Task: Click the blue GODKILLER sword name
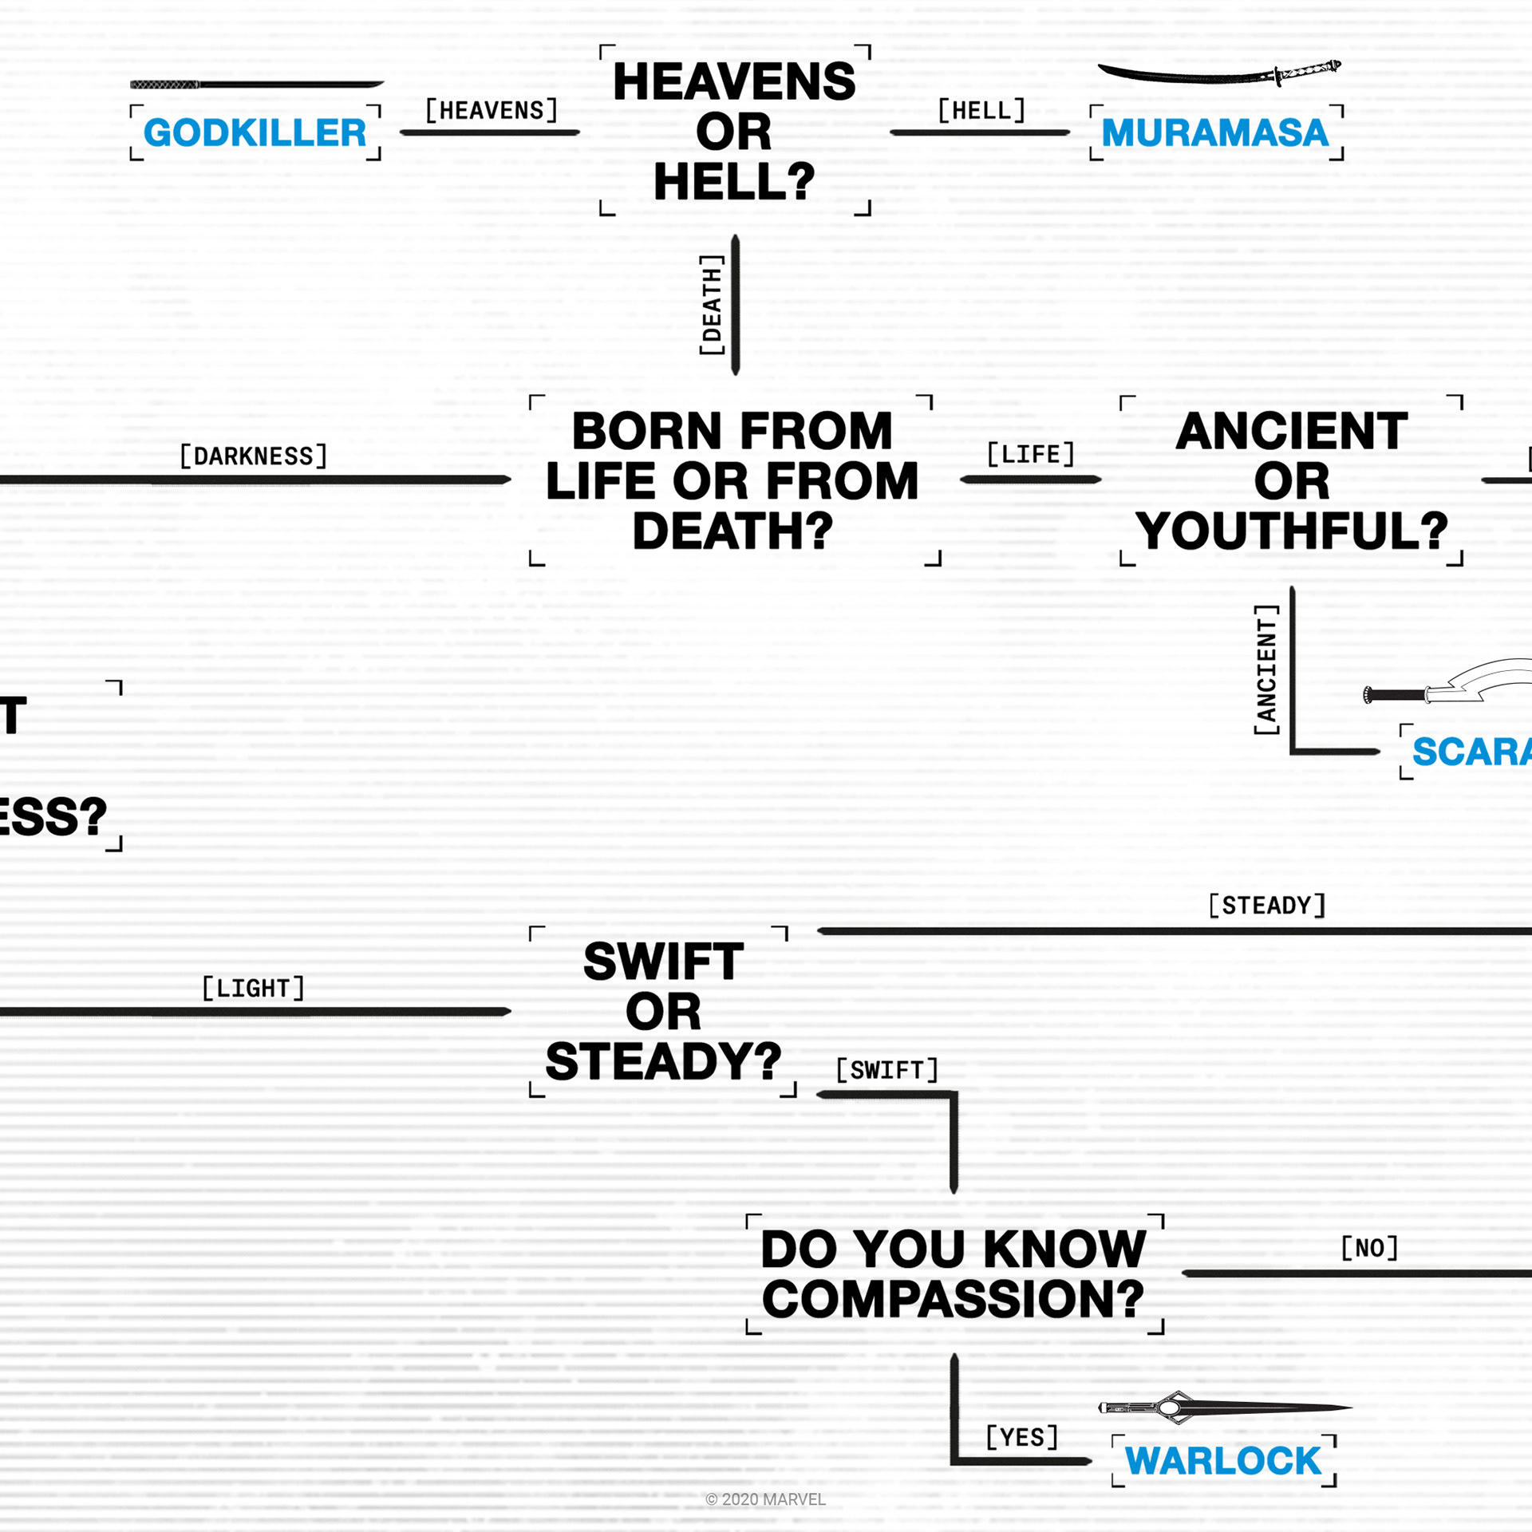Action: coord(255,132)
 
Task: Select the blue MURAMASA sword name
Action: coord(1214,132)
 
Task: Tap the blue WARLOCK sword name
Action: coord(1222,1461)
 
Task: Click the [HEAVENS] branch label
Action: coord(491,110)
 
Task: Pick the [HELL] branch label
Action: coord(981,110)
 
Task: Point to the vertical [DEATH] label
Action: coord(711,305)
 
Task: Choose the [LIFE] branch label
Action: coord(1030,454)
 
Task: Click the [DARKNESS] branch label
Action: coord(254,456)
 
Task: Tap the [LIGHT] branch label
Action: coord(254,988)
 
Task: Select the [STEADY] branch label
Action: coord(1266,905)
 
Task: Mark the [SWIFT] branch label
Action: coord(886,1069)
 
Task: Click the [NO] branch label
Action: coord(1369,1247)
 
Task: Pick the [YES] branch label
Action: coord(1021,1436)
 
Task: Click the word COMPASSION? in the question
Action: coord(953,1299)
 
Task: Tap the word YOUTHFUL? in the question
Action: coord(1291,531)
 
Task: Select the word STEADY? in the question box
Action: coord(663,1061)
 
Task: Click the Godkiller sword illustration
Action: coord(256,84)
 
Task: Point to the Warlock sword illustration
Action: coord(1224,1408)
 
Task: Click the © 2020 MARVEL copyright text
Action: coord(765,1499)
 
